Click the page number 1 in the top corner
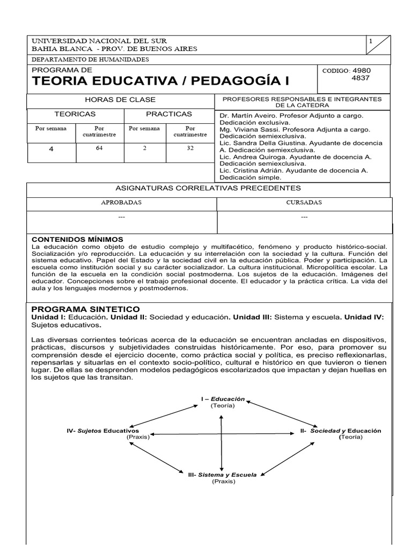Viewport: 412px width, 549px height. click(371, 41)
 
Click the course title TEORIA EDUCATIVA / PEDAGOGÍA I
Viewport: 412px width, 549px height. click(160, 81)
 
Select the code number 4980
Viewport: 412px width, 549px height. click(362, 70)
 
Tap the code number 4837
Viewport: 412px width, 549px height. click(361, 78)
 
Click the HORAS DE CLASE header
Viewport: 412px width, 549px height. click(120, 100)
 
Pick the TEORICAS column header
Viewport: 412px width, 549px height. click(75, 114)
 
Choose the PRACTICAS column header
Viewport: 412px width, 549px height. click(169, 114)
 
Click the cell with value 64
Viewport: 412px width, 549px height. click(99, 149)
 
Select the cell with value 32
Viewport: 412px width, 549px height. click(190, 149)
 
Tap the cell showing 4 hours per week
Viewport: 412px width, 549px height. click(51, 149)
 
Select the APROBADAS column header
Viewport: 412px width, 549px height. click(121, 203)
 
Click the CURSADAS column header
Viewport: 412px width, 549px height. click(304, 203)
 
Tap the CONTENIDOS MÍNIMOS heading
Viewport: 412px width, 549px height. click(78, 239)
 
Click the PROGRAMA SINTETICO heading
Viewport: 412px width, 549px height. click(86, 309)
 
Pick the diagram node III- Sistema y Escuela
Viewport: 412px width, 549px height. click(222, 474)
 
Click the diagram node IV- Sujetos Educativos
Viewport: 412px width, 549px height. click(103, 431)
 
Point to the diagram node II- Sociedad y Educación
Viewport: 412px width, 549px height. click(341, 431)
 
